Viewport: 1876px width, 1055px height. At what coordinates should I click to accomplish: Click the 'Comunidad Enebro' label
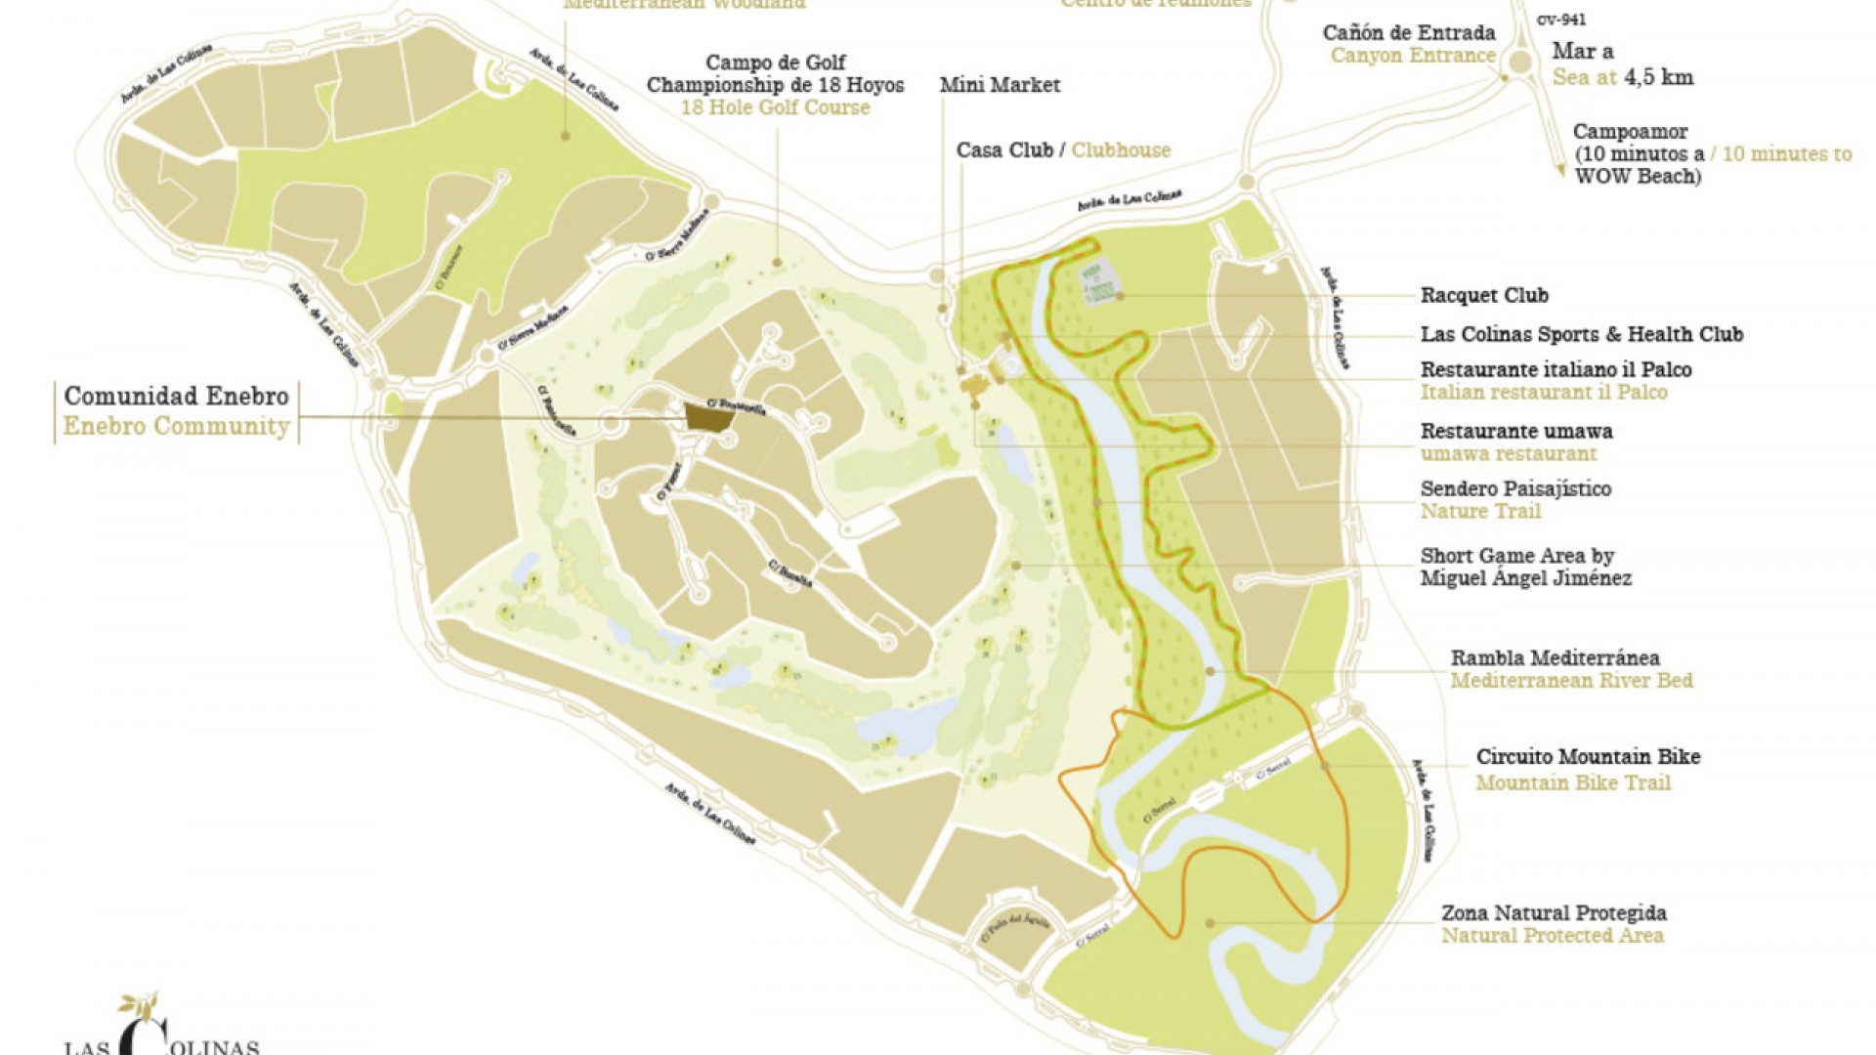[176, 397]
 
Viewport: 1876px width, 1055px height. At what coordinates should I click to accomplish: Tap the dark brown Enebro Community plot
[709, 416]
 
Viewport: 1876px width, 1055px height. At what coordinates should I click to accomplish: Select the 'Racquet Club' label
[1483, 295]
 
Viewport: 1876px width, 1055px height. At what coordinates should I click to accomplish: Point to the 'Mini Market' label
[1000, 85]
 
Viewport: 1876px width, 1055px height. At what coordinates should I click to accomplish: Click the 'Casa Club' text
[1004, 150]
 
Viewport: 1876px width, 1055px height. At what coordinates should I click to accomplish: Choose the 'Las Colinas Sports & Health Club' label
[1581, 334]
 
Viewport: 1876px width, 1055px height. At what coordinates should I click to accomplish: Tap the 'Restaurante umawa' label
[1515, 431]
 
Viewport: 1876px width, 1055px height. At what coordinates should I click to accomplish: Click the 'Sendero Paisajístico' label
[1515, 488]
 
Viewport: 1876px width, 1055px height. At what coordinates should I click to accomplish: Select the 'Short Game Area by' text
[1516, 556]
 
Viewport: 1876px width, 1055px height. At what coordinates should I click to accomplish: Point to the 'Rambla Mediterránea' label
[1555, 657]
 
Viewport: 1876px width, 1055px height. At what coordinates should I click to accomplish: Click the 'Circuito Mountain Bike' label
[1588, 757]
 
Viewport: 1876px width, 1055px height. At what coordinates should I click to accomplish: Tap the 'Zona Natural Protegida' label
[1554, 913]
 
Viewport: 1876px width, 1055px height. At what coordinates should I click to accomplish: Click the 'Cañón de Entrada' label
[1409, 32]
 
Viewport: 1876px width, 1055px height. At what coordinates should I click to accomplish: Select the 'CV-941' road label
[1561, 20]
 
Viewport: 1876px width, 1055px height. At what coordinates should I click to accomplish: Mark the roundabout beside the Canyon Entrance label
[1519, 63]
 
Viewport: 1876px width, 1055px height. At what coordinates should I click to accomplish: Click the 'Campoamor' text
[1630, 132]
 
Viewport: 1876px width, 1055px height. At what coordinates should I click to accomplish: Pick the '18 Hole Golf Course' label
[775, 107]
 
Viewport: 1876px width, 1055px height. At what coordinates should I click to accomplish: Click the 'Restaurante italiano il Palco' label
[1556, 369]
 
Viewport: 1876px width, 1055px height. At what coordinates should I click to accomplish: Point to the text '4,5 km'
[1658, 77]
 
